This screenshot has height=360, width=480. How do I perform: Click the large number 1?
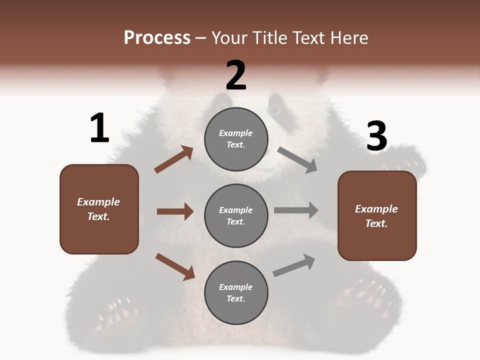[x=99, y=129]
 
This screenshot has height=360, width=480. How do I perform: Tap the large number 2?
[x=236, y=76]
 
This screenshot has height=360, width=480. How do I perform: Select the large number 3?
[x=377, y=136]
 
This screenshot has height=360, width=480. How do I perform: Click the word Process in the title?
[x=157, y=37]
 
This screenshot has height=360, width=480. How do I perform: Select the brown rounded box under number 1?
[x=99, y=209]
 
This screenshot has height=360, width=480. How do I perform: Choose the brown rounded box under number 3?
[x=377, y=215]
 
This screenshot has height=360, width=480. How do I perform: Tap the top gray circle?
[x=236, y=139]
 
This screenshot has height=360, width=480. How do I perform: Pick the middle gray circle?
[x=236, y=215]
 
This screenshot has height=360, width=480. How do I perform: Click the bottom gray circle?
[x=236, y=292]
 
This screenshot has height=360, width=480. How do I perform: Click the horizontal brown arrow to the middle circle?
[x=175, y=211]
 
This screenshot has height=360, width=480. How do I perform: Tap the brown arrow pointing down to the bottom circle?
[x=175, y=266]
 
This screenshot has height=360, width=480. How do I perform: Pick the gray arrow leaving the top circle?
[x=297, y=160]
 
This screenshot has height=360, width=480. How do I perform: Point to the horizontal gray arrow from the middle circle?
[x=296, y=210]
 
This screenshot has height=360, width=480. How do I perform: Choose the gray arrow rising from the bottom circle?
[x=294, y=265]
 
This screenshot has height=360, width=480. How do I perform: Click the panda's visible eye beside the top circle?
[x=275, y=109]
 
